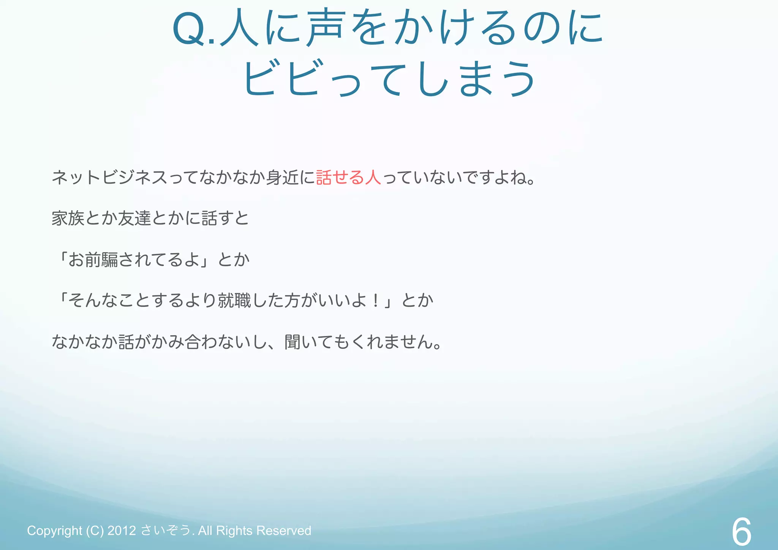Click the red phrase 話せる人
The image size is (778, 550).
click(x=348, y=178)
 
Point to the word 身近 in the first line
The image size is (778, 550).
click(x=282, y=178)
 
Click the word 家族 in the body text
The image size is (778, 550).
click(x=68, y=219)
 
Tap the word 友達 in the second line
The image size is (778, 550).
click(x=134, y=219)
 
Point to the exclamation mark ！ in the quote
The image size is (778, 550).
click(x=375, y=301)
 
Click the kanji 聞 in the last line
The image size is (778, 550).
click(x=293, y=342)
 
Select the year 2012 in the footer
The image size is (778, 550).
click(x=122, y=531)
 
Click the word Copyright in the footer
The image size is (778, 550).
click(x=54, y=531)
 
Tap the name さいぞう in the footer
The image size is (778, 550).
click(x=166, y=530)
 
